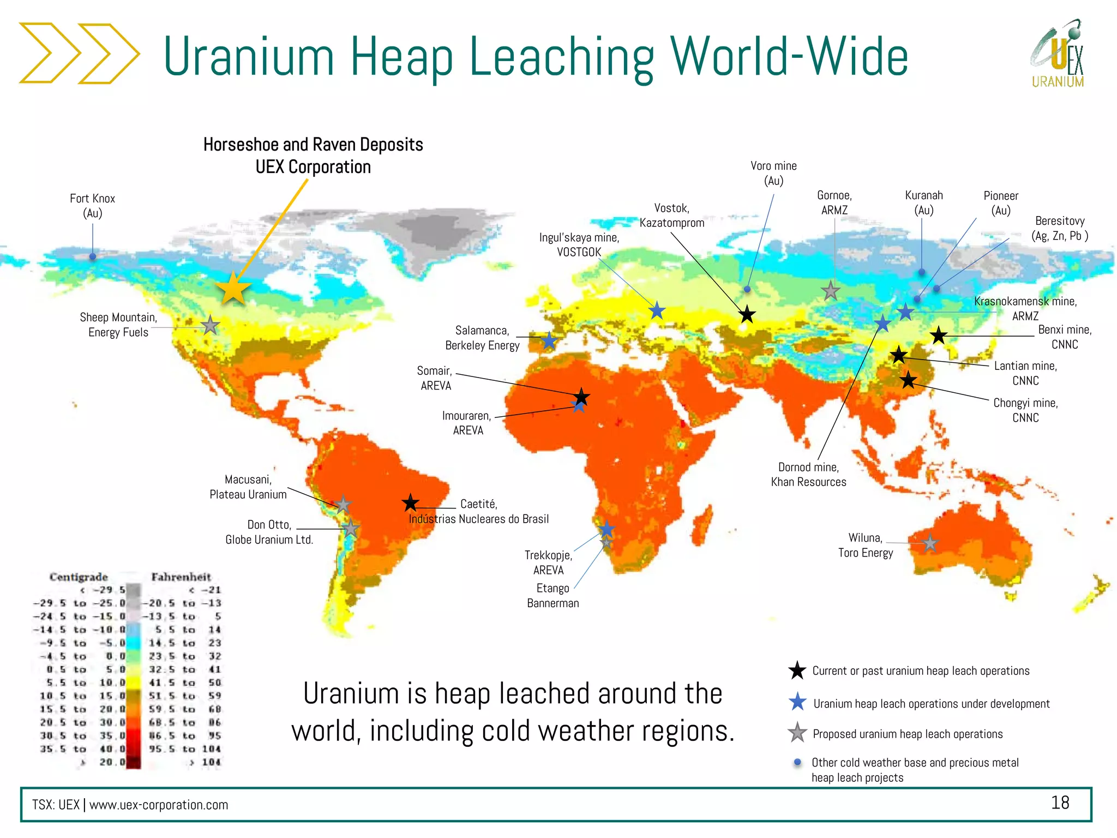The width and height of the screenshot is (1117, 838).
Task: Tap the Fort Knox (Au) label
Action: (93, 206)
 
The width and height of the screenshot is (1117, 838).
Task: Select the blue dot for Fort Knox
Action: (93, 256)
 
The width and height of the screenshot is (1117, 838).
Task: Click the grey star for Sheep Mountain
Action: (210, 325)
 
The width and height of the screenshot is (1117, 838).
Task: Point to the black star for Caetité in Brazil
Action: (410, 502)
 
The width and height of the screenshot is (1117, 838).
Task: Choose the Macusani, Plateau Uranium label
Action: (248, 487)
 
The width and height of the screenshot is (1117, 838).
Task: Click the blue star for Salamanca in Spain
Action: (549, 341)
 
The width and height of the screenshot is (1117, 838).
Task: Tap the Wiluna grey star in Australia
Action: (930, 543)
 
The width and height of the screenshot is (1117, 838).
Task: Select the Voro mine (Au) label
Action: (773, 173)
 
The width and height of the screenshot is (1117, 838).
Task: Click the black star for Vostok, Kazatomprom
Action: (747, 314)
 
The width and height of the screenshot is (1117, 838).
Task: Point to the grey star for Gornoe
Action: (830, 291)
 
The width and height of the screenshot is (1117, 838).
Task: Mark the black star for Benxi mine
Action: (938, 336)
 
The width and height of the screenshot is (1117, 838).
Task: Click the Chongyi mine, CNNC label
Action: (1025, 410)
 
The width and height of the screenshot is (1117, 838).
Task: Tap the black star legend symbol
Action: (797, 671)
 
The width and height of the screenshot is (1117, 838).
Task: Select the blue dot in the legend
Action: (797, 762)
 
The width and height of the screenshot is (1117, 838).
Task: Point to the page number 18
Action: (1060, 803)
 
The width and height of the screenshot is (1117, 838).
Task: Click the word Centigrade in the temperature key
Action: (79, 577)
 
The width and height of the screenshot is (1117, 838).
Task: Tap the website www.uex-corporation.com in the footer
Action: (159, 805)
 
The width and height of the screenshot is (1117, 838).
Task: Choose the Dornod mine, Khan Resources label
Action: (808, 474)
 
